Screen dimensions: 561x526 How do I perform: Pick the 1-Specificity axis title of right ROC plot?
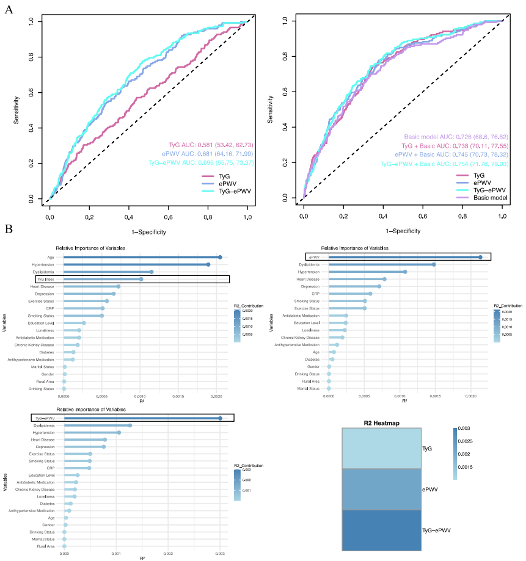point(403,232)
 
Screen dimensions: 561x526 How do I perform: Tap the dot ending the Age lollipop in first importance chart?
point(220,257)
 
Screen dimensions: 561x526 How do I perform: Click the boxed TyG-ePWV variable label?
point(45,418)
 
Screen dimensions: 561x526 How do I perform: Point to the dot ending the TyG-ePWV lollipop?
point(220,418)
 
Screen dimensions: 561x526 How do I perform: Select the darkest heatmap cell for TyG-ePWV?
point(381,530)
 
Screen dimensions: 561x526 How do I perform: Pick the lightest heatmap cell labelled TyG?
point(381,448)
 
